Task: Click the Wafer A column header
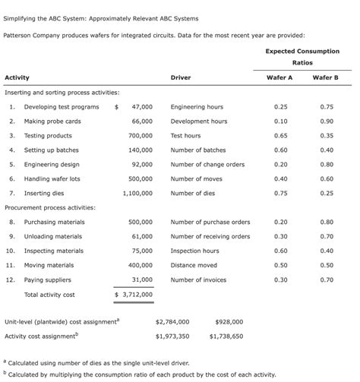[279, 78]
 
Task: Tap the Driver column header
[181, 78]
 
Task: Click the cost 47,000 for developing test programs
[141, 107]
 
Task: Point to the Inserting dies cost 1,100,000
[137, 193]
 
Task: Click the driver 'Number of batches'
[197, 150]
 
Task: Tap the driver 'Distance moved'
[194, 265]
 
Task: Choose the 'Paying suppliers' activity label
[50, 279]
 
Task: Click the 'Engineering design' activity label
[52, 164]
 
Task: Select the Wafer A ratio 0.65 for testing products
[279, 136]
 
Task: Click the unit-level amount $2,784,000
[172, 321]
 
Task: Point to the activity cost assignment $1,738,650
[226, 336]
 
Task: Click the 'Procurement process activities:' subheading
[50, 207]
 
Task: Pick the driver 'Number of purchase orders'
[210, 222]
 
